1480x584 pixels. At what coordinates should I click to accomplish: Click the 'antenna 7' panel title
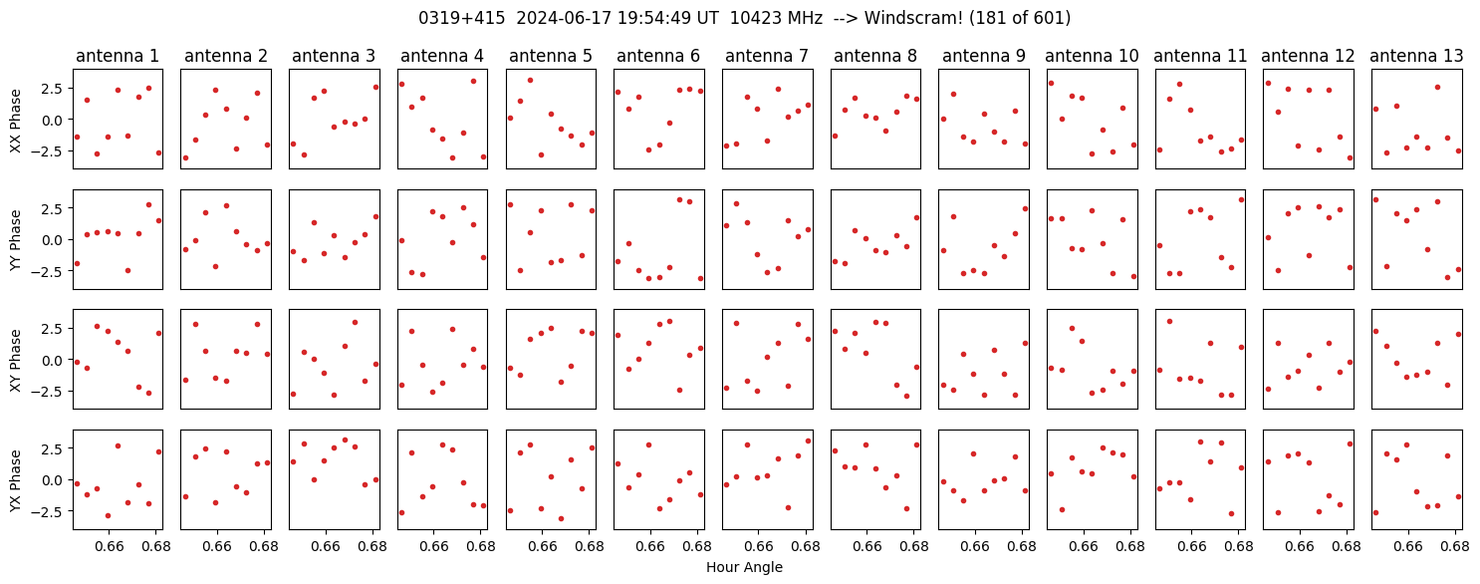pos(767,56)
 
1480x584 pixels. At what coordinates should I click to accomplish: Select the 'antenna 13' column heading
pos(1416,56)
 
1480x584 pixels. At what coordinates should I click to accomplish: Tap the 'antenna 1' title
pos(118,56)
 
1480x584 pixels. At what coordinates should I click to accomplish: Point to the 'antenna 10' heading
pos(1092,56)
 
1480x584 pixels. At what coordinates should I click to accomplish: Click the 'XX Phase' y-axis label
pos(15,121)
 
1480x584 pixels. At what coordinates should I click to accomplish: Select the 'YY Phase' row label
pos(15,241)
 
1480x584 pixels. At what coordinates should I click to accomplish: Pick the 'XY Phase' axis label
pos(15,361)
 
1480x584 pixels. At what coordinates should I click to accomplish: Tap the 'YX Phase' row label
pos(15,480)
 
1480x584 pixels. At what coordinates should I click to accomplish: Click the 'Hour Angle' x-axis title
pos(744,567)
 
